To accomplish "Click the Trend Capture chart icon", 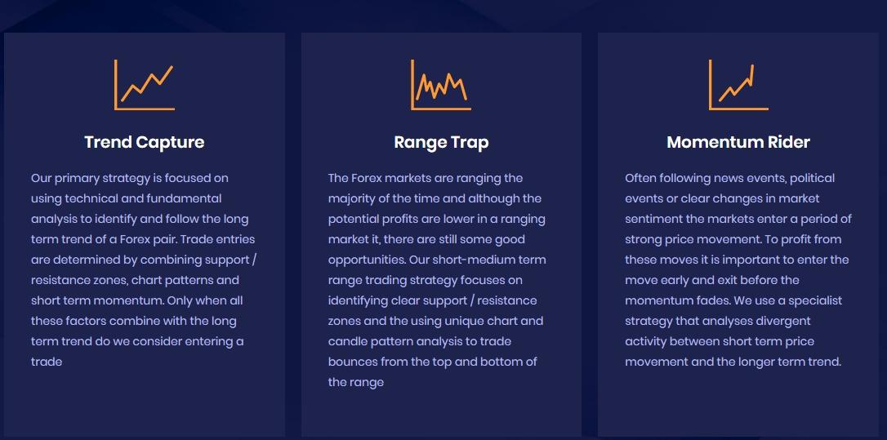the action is coord(145,85).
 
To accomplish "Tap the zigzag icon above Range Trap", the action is coord(441,85).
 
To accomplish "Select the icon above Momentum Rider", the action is coord(738,85).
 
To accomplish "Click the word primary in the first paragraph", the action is coord(77,179).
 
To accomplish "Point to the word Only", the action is coord(180,301).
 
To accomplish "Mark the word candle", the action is coord(348,341).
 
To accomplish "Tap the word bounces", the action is coord(353,362).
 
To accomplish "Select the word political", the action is coord(813,179).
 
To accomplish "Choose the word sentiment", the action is coord(651,219).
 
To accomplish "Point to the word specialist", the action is coord(815,301).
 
